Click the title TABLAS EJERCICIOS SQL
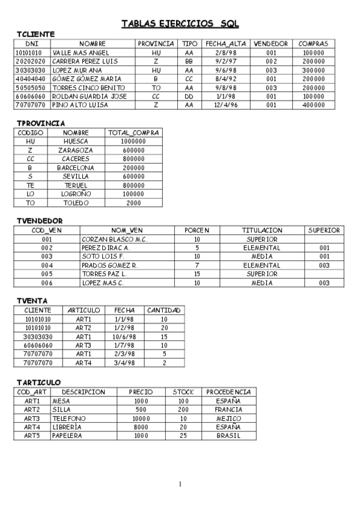tap(180, 23)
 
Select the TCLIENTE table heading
tap(36, 34)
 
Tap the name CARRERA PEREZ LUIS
tap(85, 61)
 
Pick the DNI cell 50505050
tap(31, 87)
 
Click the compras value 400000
tap(313, 105)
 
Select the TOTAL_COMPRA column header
tap(133, 132)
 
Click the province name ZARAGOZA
tap(76, 150)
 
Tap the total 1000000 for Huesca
tap(133, 141)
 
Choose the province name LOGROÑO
tap(76, 194)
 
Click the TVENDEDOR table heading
tap(39, 221)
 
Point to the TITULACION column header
tap(261, 230)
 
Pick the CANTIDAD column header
tap(164, 310)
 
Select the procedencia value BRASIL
tap(228, 435)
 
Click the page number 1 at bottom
tap(180, 484)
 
